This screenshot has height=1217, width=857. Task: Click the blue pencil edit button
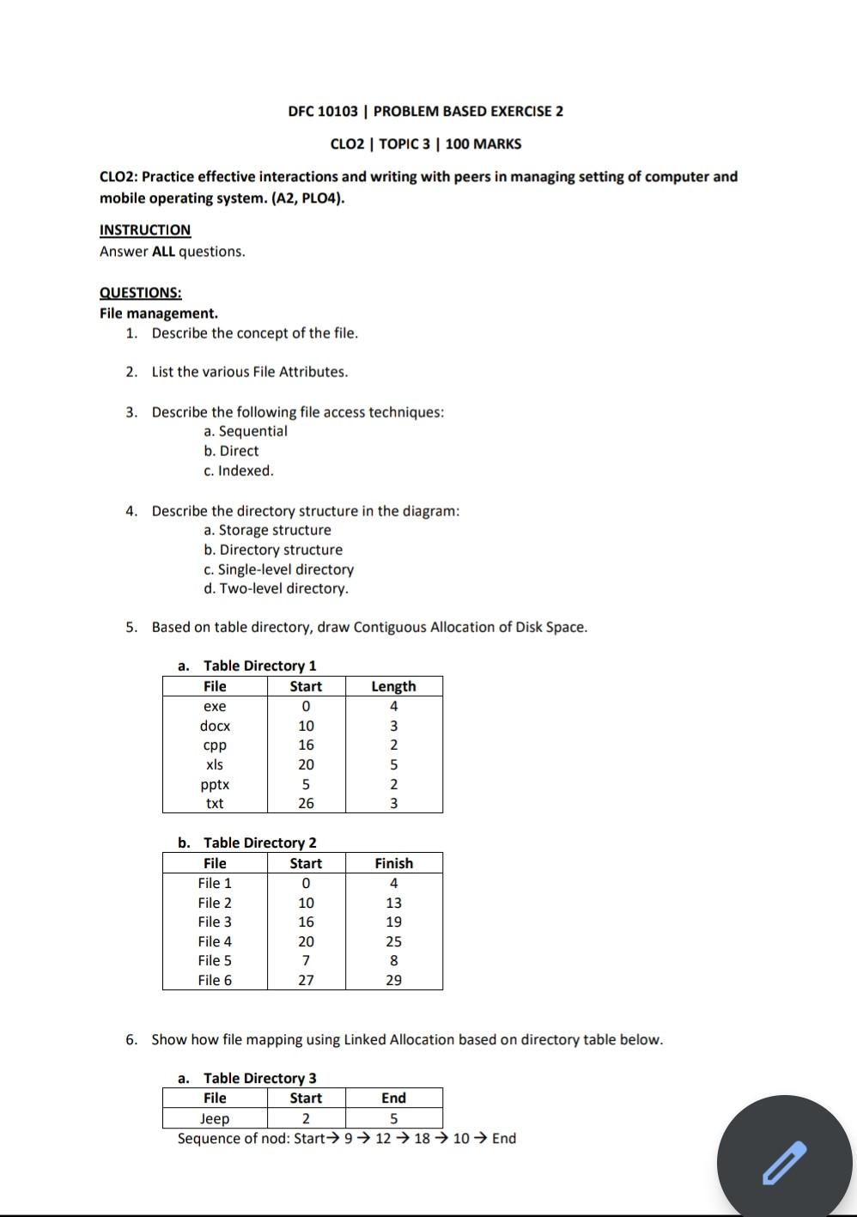[x=785, y=1163]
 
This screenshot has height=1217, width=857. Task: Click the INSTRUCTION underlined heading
[x=145, y=230]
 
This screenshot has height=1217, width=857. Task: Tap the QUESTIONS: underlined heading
[x=140, y=293]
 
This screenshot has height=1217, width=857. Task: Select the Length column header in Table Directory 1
[x=393, y=686]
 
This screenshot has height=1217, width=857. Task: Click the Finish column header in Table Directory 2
[x=393, y=863]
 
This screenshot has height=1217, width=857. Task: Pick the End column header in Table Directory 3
[x=393, y=1098]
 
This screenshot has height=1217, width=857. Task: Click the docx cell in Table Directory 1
[x=215, y=726]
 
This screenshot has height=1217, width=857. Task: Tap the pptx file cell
[x=215, y=784]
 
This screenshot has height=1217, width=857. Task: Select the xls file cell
[x=215, y=764]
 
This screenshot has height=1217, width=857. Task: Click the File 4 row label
[x=215, y=941]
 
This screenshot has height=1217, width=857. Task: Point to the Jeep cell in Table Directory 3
[x=215, y=1118]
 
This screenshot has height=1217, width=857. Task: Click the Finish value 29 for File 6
[x=393, y=980]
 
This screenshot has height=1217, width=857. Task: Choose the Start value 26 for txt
[x=306, y=804]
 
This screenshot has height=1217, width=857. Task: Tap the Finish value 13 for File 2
[x=393, y=903]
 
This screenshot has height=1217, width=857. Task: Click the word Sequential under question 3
[x=253, y=431]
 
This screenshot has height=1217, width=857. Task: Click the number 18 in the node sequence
[x=422, y=1138]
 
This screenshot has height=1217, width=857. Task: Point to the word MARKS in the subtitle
[x=496, y=144]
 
